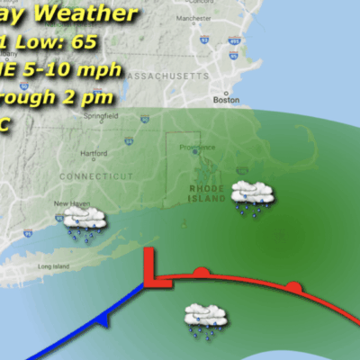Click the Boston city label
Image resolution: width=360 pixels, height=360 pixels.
click(x=225, y=100)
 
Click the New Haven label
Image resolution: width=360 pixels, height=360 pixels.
click(x=71, y=204)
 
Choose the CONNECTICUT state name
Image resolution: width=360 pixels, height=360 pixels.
click(x=89, y=176)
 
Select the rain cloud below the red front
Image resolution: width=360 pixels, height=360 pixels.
click(x=204, y=319)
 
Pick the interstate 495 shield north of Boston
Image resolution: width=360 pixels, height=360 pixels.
click(x=235, y=40)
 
